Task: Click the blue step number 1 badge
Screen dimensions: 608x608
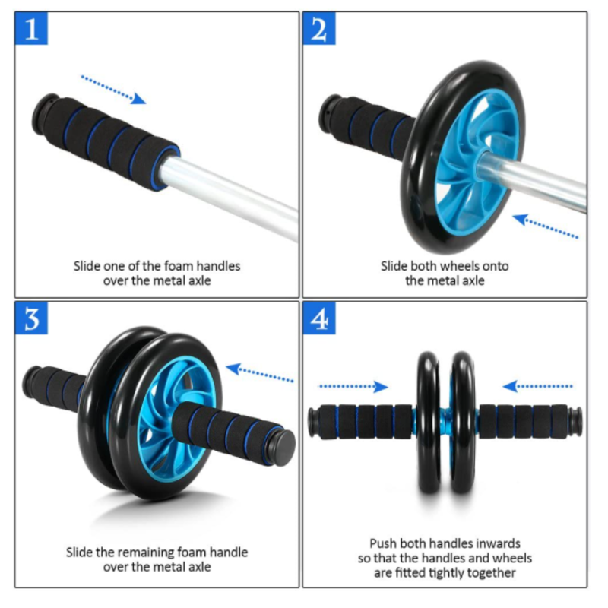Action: tap(31, 28)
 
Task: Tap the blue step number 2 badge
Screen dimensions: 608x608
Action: tap(319, 28)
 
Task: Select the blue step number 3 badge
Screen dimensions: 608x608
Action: tap(31, 318)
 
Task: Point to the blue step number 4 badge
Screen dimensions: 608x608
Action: tap(319, 318)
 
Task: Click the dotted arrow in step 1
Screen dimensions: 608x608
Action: tap(113, 90)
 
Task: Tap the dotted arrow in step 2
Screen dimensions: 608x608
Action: tap(545, 226)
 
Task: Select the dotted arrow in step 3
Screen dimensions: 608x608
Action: tap(259, 372)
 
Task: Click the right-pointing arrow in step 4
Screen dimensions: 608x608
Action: tap(353, 386)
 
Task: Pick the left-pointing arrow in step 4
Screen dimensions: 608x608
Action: tap(537, 386)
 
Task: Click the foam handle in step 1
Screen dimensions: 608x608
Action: tap(106, 141)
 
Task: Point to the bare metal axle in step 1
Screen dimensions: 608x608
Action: tap(229, 196)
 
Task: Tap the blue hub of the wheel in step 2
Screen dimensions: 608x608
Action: tap(477, 162)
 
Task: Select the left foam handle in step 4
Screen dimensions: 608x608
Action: tap(362, 422)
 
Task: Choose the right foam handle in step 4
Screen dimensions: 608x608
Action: tap(530, 422)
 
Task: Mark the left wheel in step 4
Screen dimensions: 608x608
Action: tap(429, 423)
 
